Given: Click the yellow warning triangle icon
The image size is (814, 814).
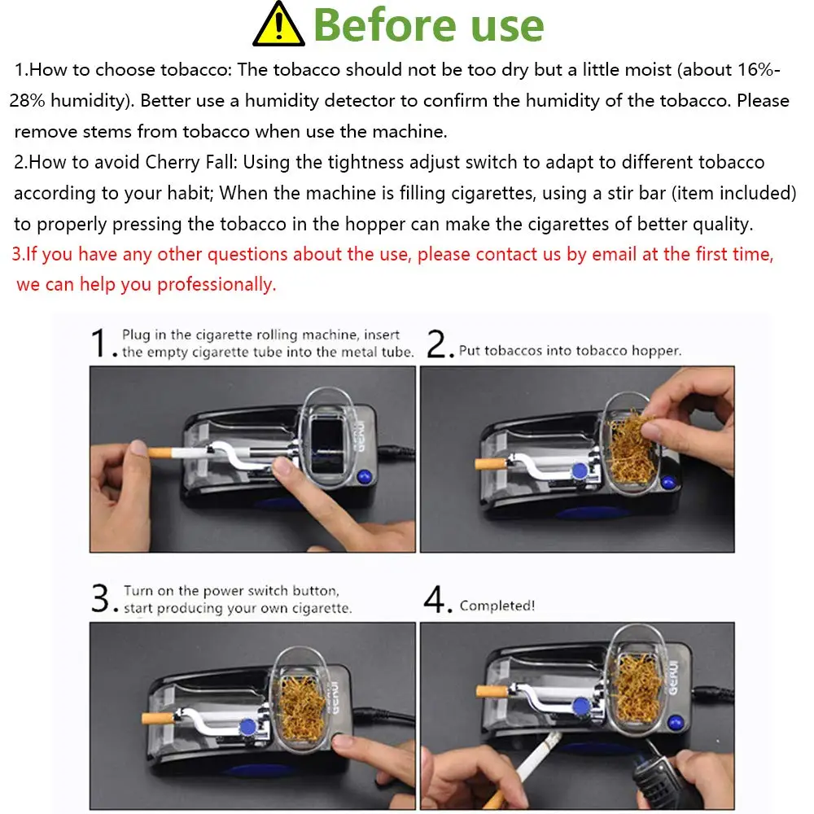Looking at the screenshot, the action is click(278, 24).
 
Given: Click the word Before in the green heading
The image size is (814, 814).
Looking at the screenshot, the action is click(385, 25).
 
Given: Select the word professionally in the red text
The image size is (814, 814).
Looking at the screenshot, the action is click(217, 284).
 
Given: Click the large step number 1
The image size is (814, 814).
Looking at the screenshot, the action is click(99, 343).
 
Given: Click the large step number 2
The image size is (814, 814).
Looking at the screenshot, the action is click(437, 344).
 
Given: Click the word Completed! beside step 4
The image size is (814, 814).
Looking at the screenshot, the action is click(497, 606).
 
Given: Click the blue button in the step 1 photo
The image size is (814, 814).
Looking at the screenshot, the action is click(365, 475).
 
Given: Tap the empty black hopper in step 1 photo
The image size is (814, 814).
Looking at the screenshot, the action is click(327, 445).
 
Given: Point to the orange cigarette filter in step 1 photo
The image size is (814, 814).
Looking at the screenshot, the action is click(160, 453).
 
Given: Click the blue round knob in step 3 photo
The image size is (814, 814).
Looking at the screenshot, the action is click(247, 727).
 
